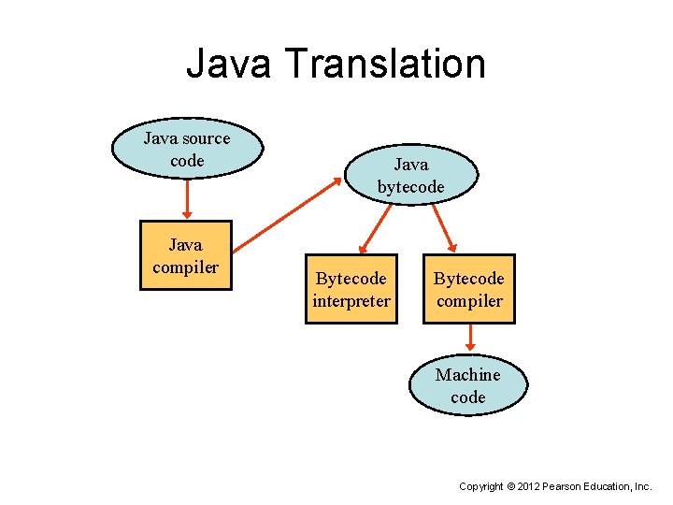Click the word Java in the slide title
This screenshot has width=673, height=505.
pos(228,65)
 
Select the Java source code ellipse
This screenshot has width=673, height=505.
pos(187,150)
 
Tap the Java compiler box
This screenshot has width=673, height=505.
pos(185,256)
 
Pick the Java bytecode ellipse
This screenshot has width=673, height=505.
pos(410,176)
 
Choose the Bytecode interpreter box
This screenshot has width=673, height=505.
pos(351,289)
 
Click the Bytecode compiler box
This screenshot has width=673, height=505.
pos(468,289)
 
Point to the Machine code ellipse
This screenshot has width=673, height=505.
pos(467,385)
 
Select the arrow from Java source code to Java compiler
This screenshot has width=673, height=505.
pos(187,198)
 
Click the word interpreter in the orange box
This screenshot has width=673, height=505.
pos(351,301)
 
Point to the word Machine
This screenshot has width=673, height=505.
pos(467,374)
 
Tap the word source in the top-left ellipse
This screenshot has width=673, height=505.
pos(207,138)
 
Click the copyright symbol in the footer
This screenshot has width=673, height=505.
pos(509,487)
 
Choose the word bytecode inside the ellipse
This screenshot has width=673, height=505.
pos(410,187)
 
